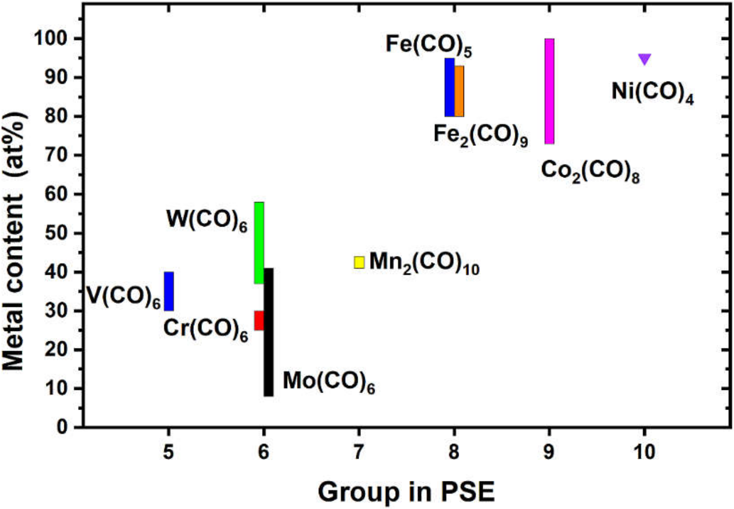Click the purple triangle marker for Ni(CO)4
coord(644,59)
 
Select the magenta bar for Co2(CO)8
coord(549,91)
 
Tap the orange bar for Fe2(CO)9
coord(459,91)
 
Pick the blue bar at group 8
coord(450,87)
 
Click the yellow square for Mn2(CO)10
coord(359,262)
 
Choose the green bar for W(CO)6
coord(259,243)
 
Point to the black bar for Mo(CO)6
coord(269,332)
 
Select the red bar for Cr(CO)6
coord(259,320)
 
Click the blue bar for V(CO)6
coord(169,291)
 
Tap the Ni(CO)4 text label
coord(652,92)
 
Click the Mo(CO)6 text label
coord(328,382)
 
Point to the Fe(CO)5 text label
coord(429,45)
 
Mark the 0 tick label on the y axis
coord(62,427)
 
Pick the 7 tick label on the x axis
coord(359,452)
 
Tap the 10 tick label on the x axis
coord(644,452)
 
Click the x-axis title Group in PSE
coord(406,492)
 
